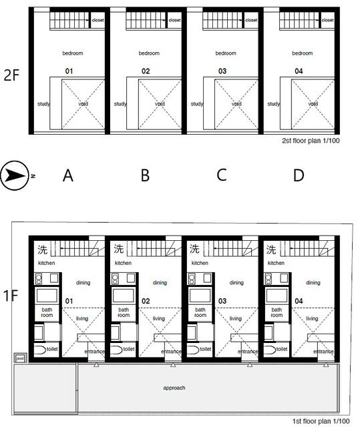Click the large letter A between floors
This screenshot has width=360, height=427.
tap(67, 175)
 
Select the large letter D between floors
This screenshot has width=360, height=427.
tap(298, 175)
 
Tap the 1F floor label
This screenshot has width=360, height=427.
tap(12, 294)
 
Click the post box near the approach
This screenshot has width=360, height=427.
tap(19, 358)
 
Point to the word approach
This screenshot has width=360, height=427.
tap(174, 387)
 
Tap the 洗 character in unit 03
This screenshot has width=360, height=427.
tap(195, 250)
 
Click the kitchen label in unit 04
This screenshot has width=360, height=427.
tap(276, 264)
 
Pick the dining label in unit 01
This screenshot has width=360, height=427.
tap(83, 282)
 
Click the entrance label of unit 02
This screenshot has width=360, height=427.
tap(170, 352)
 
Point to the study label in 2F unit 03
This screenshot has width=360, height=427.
tap(197, 103)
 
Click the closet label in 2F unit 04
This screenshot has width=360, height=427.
tap(328, 21)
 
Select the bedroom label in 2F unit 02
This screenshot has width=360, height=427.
tap(149, 53)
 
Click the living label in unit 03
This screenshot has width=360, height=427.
tap(235, 318)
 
